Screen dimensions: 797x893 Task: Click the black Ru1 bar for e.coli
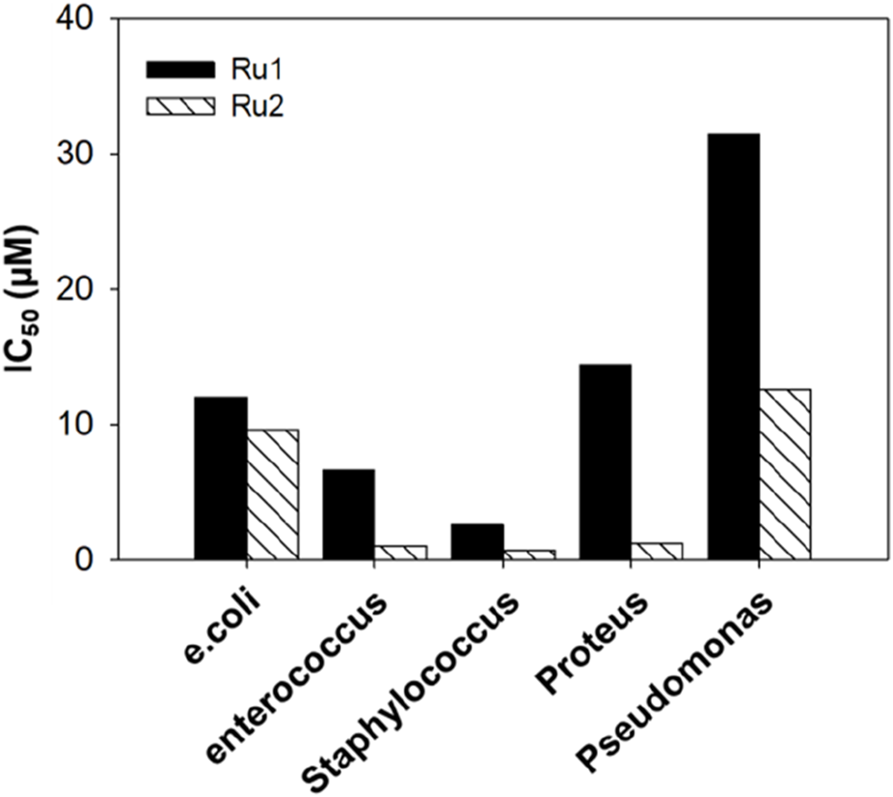[221, 478]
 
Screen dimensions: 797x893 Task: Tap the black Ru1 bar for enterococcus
[349, 513]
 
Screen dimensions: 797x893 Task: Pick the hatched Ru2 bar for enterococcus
[401, 552]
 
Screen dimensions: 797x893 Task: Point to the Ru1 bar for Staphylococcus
[477, 541]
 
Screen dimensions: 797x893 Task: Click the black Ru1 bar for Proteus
[606, 461]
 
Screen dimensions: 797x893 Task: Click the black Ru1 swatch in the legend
[179, 69]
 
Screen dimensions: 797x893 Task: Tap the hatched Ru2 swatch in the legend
[179, 106]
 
